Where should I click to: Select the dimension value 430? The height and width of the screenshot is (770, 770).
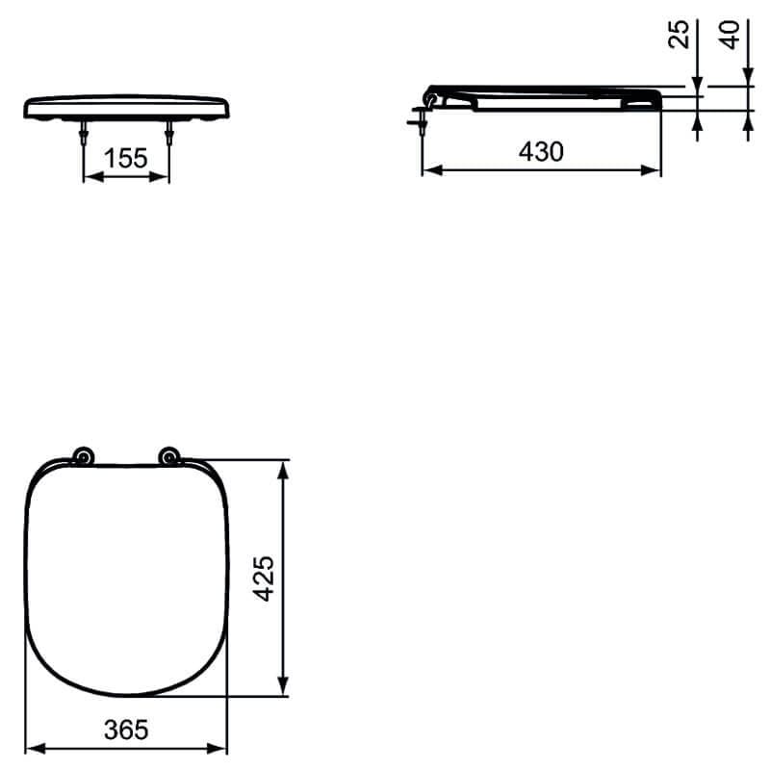pyautogui.click(x=541, y=152)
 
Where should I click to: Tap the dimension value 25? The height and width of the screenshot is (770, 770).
pyautogui.click(x=680, y=36)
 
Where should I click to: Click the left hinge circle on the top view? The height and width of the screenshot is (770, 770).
pyautogui.click(x=84, y=457)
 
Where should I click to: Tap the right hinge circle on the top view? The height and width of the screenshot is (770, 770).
pyautogui.click(x=170, y=457)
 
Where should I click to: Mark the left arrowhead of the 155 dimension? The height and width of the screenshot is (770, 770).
pyautogui.click(x=90, y=177)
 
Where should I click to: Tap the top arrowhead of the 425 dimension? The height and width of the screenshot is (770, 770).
pyautogui.click(x=283, y=468)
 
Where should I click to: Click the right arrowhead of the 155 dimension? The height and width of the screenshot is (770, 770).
pyautogui.click(x=164, y=177)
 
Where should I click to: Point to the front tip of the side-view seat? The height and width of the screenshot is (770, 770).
pyautogui.click(x=659, y=98)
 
